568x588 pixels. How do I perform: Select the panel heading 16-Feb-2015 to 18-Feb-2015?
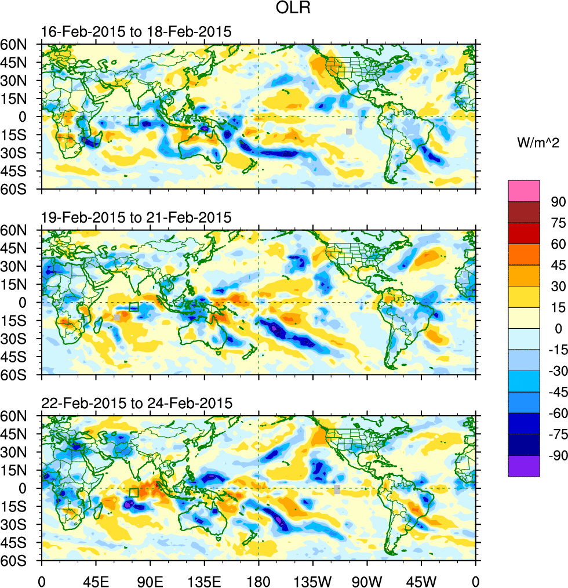coord(136,32)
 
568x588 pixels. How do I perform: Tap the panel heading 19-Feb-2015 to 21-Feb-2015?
coord(136,217)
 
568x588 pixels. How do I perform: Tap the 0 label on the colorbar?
coord(554,328)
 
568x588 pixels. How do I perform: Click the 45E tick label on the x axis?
coord(96,580)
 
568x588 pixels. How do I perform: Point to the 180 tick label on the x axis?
coord(258,580)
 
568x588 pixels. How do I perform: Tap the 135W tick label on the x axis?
coord(313,580)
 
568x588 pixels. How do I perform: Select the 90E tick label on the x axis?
coord(150,580)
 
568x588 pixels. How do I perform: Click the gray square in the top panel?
coord(349,131)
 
